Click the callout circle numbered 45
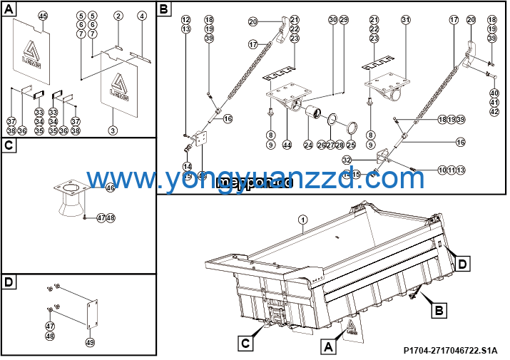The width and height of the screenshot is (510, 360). click(x=42, y=16)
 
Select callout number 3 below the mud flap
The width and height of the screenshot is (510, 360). click(x=113, y=130)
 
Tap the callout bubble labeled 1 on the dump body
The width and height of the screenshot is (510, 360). click(x=302, y=220)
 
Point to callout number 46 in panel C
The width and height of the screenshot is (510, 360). click(x=110, y=188)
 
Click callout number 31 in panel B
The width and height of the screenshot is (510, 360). click(x=405, y=20)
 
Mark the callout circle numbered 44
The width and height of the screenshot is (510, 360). click(x=287, y=145)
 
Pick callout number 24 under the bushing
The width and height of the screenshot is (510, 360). click(x=308, y=145)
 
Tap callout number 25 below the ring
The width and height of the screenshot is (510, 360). click(x=350, y=145)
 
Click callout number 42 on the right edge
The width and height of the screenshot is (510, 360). click(x=494, y=111)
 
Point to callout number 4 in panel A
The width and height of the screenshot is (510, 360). click(x=141, y=16)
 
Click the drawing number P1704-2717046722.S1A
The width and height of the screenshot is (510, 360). click(x=450, y=350)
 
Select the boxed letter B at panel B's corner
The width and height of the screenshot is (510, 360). click(x=164, y=9)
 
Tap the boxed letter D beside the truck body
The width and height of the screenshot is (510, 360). click(x=464, y=264)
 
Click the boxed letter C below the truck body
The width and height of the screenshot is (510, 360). click(x=245, y=344)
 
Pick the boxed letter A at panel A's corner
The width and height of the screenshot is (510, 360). click(x=8, y=9)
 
